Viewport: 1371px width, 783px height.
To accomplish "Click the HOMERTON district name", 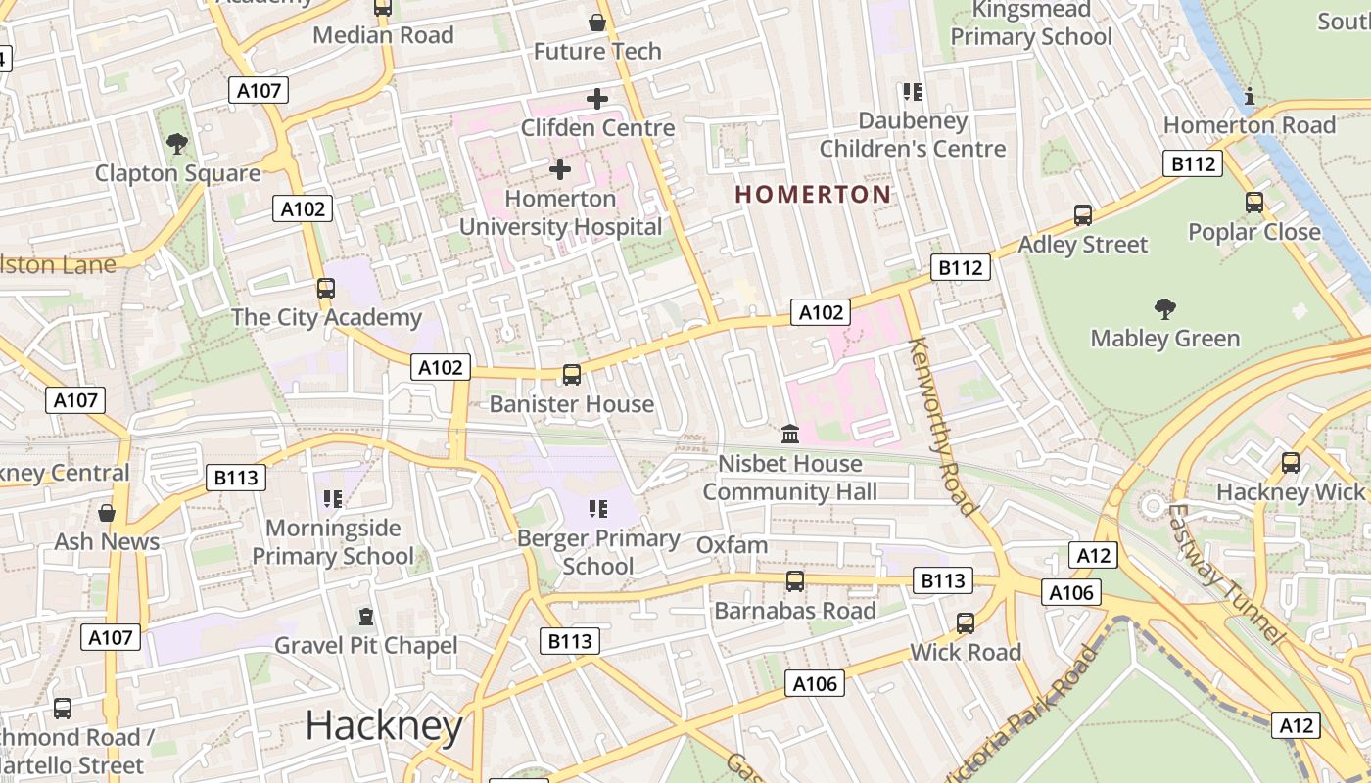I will (813, 194).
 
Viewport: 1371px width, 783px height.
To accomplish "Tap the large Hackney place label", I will (384, 726).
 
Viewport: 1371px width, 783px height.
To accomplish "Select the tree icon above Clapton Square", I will (177, 144).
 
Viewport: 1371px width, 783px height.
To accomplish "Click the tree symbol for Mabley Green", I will (1164, 309).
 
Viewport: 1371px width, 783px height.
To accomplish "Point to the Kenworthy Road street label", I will (942, 426).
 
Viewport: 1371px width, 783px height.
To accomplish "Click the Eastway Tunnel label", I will (1223, 574).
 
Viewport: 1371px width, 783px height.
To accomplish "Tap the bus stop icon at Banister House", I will (571, 375).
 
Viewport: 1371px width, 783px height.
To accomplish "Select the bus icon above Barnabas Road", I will (794, 581).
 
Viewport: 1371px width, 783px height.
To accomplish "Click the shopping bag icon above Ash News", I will (107, 513).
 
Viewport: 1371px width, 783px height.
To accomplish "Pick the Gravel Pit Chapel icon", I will (366, 617).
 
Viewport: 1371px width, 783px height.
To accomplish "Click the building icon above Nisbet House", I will (789, 434).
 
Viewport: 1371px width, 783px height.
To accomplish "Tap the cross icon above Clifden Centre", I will (596, 99).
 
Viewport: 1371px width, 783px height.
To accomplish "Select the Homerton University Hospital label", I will (560, 212).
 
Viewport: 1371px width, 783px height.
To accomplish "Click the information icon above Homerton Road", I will (1249, 96).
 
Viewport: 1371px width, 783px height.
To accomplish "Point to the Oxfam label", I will (732, 544).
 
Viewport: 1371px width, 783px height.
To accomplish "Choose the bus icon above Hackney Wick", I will (1291, 463).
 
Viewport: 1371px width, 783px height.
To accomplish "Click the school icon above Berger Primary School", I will (598, 509).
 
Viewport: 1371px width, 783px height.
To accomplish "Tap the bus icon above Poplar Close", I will (1254, 203).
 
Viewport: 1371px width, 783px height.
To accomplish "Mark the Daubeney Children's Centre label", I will (912, 135).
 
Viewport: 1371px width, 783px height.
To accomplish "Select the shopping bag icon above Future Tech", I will (596, 22).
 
